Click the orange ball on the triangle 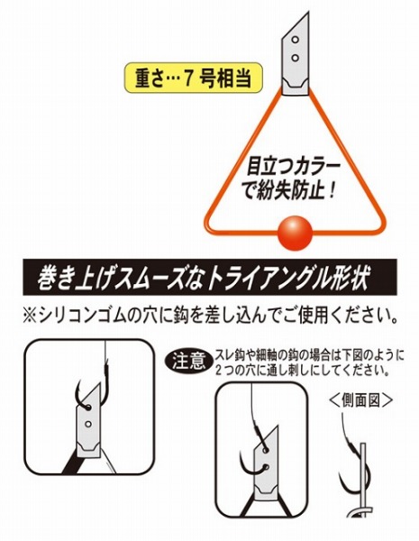click(295, 234)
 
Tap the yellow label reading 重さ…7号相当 click(193, 78)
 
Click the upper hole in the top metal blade click(295, 40)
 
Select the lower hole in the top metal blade click(295, 58)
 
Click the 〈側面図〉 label click(360, 400)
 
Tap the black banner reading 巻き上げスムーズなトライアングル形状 click(210, 277)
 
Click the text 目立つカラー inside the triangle click(293, 167)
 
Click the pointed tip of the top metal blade click(308, 14)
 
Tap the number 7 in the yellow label click(188, 78)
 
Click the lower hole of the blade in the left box click(88, 424)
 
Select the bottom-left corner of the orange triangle click(206, 231)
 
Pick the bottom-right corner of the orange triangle click(381, 231)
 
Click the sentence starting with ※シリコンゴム click(210, 316)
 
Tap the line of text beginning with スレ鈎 click(309, 355)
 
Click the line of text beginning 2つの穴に click(304, 371)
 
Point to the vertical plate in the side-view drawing click(363, 480)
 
